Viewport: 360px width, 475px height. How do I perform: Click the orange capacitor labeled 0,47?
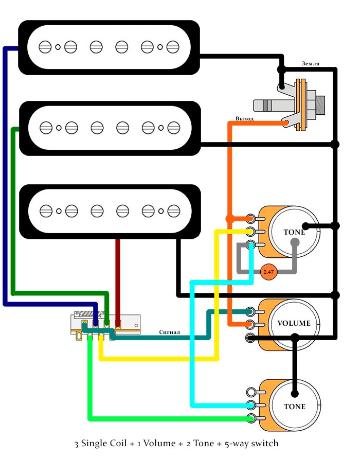pyautogui.click(x=268, y=271)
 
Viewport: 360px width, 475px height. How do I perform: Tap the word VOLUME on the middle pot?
pyautogui.click(x=294, y=324)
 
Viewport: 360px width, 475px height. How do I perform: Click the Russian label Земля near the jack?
pyautogui.click(x=311, y=64)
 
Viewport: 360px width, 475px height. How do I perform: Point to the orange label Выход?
pyautogui.click(x=244, y=119)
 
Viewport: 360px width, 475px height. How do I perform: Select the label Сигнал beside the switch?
pyautogui.click(x=169, y=332)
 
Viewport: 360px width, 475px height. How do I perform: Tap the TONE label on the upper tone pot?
pyautogui.click(x=294, y=232)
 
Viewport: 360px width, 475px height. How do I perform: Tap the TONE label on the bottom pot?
pyautogui.click(x=294, y=407)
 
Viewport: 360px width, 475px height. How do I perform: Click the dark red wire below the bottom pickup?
pyautogui.click(x=119, y=278)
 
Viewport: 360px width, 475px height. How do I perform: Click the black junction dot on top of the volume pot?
pyautogui.click(x=295, y=337)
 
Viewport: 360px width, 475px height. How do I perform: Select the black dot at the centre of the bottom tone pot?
pyautogui.click(x=295, y=394)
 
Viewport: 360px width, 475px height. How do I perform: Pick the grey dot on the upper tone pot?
pyautogui.click(x=295, y=245)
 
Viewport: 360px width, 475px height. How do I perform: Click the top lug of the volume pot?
pyautogui.click(x=250, y=311)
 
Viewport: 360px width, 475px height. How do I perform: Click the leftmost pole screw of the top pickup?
pyautogui.click(x=45, y=47)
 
